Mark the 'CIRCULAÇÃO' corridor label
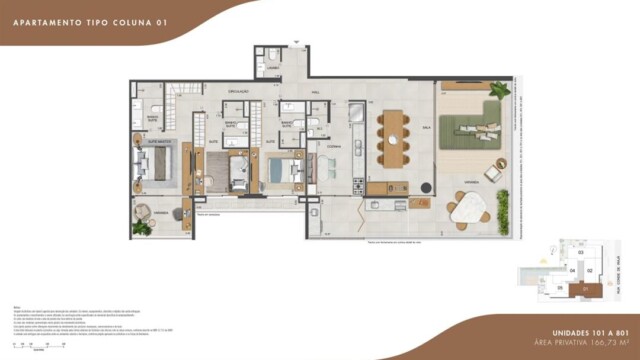(239, 91)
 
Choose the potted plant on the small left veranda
(142, 228)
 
